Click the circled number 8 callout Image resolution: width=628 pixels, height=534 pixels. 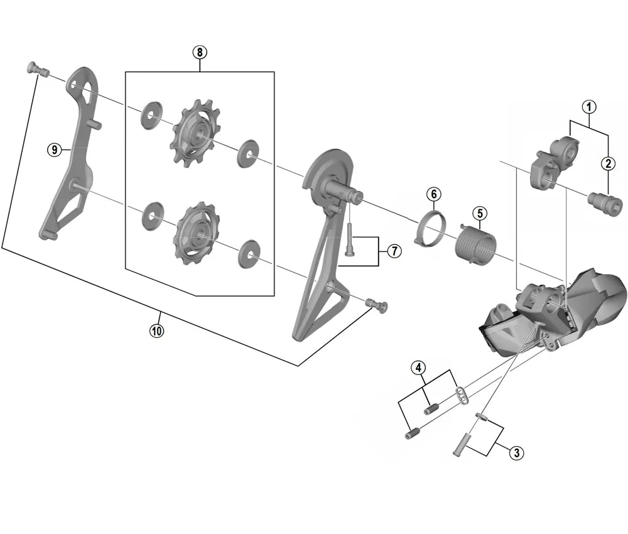(x=200, y=52)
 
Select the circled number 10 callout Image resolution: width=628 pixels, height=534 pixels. (x=156, y=330)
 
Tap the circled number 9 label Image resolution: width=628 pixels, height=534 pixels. (x=55, y=150)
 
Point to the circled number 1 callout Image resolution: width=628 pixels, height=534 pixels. (x=588, y=107)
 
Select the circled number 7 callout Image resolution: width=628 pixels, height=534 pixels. (x=394, y=251)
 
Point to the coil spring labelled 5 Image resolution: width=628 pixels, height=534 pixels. (x=475, y=242)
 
